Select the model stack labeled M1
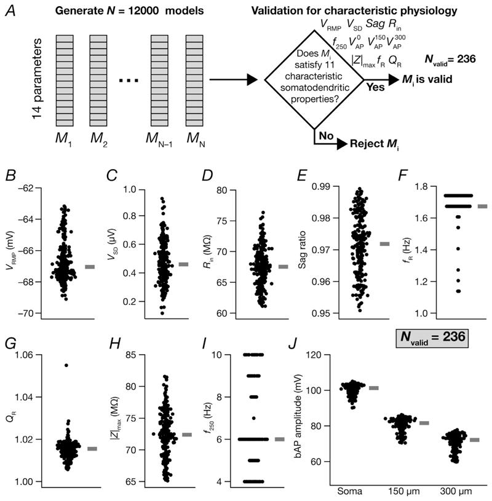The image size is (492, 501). (x=66, y=79)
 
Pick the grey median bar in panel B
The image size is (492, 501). (x=90, y=267)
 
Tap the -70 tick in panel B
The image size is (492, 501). (x=38, y=314)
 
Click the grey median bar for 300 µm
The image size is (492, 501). (x=475, y=440)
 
